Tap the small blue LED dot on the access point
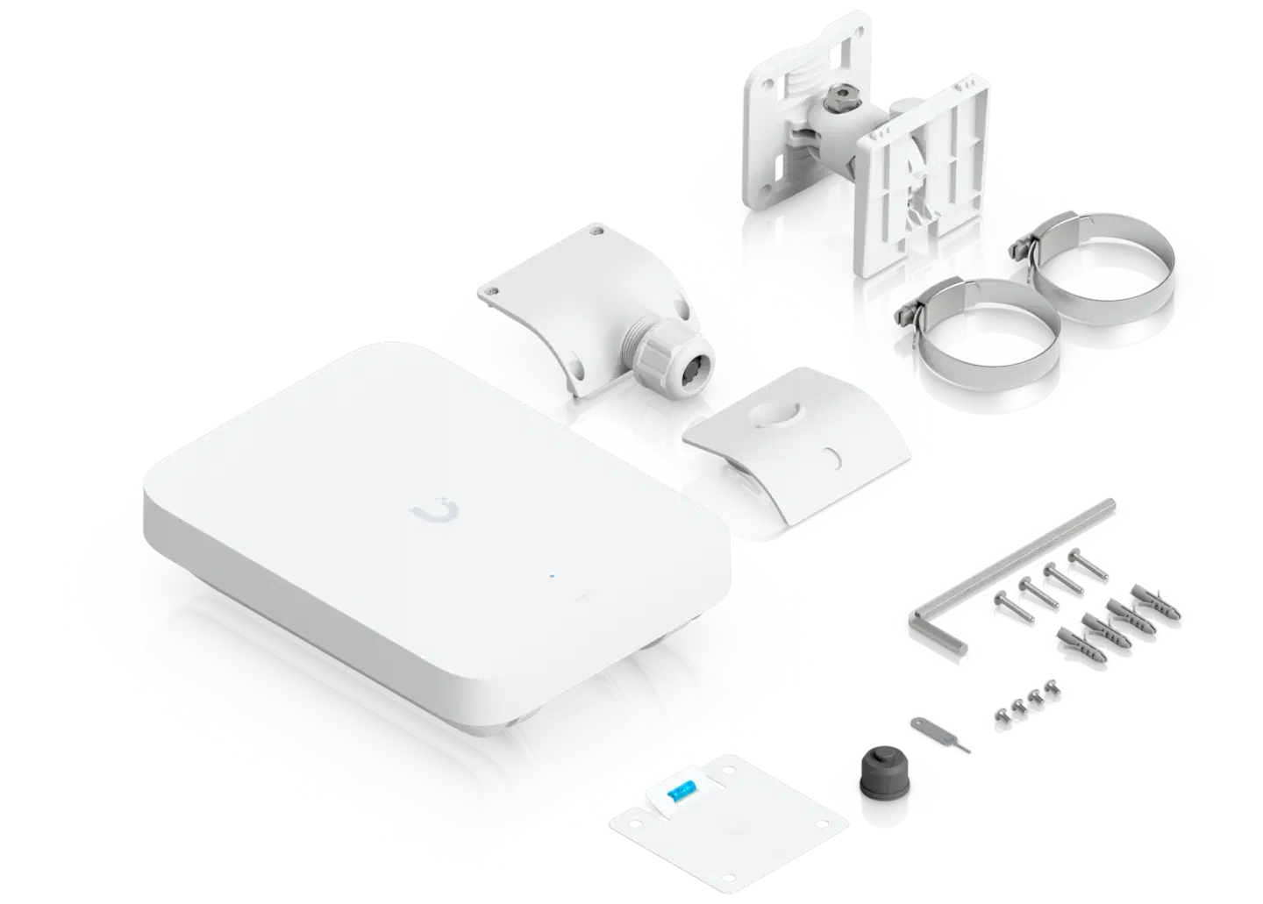pos(552,577)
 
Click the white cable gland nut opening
pos(689,360)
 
